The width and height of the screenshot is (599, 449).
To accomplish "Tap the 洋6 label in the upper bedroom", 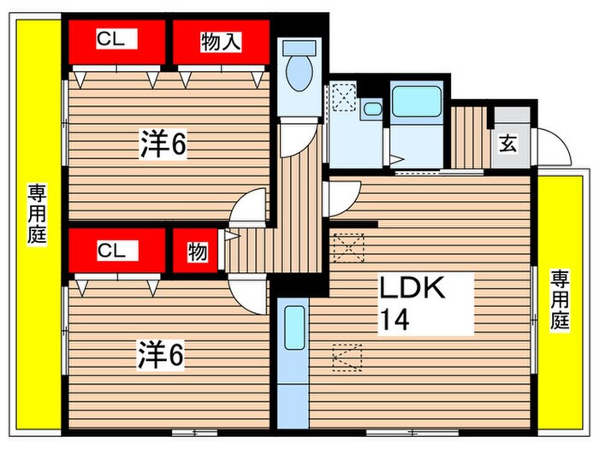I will (x=163, y=145).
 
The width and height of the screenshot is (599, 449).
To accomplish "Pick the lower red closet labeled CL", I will (x=116, y=250).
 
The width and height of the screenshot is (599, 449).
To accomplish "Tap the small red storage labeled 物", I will (x=197, y=251).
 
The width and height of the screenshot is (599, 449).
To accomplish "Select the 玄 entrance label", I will (x=508, y=144).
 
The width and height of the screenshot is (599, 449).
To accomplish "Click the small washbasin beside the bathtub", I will (x=371, y=109).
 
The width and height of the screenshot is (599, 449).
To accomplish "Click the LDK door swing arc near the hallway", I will (x=337, y=197).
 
